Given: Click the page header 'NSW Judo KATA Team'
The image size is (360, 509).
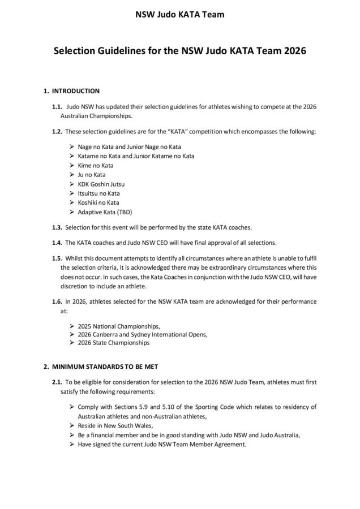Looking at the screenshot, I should coord(179,14).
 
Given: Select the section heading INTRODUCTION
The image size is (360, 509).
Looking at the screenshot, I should coord(76,90).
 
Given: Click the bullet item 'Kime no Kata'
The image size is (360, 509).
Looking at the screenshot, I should coord(95,165).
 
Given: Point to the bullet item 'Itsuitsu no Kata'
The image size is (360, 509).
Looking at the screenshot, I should coord(98,193).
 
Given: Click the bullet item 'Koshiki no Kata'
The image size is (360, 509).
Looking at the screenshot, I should coord(98,202).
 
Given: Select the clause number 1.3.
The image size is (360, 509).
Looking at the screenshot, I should coord(56,227).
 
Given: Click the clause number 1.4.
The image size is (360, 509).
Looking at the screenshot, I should coord(56,243).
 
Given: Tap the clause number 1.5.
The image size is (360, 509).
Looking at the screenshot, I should coord(56,258).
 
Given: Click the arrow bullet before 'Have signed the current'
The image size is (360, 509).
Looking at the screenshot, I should coord(72,444).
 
